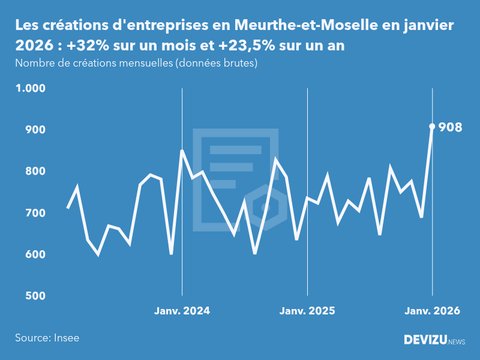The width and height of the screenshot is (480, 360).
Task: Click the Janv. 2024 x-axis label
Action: (x=182, y=311)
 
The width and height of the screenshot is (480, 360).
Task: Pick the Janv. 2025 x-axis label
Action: (x=307, y=311)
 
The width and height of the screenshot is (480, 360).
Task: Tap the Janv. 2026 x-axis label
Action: (x=432, y=311)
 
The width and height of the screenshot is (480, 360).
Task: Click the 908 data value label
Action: (x=450, y=127)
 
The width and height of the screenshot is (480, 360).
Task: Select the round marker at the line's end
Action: (x=432, y=126)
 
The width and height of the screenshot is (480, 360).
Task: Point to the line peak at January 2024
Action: (x=182, y=151)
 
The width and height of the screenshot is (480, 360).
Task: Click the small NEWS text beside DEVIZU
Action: (x=457, y=342)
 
